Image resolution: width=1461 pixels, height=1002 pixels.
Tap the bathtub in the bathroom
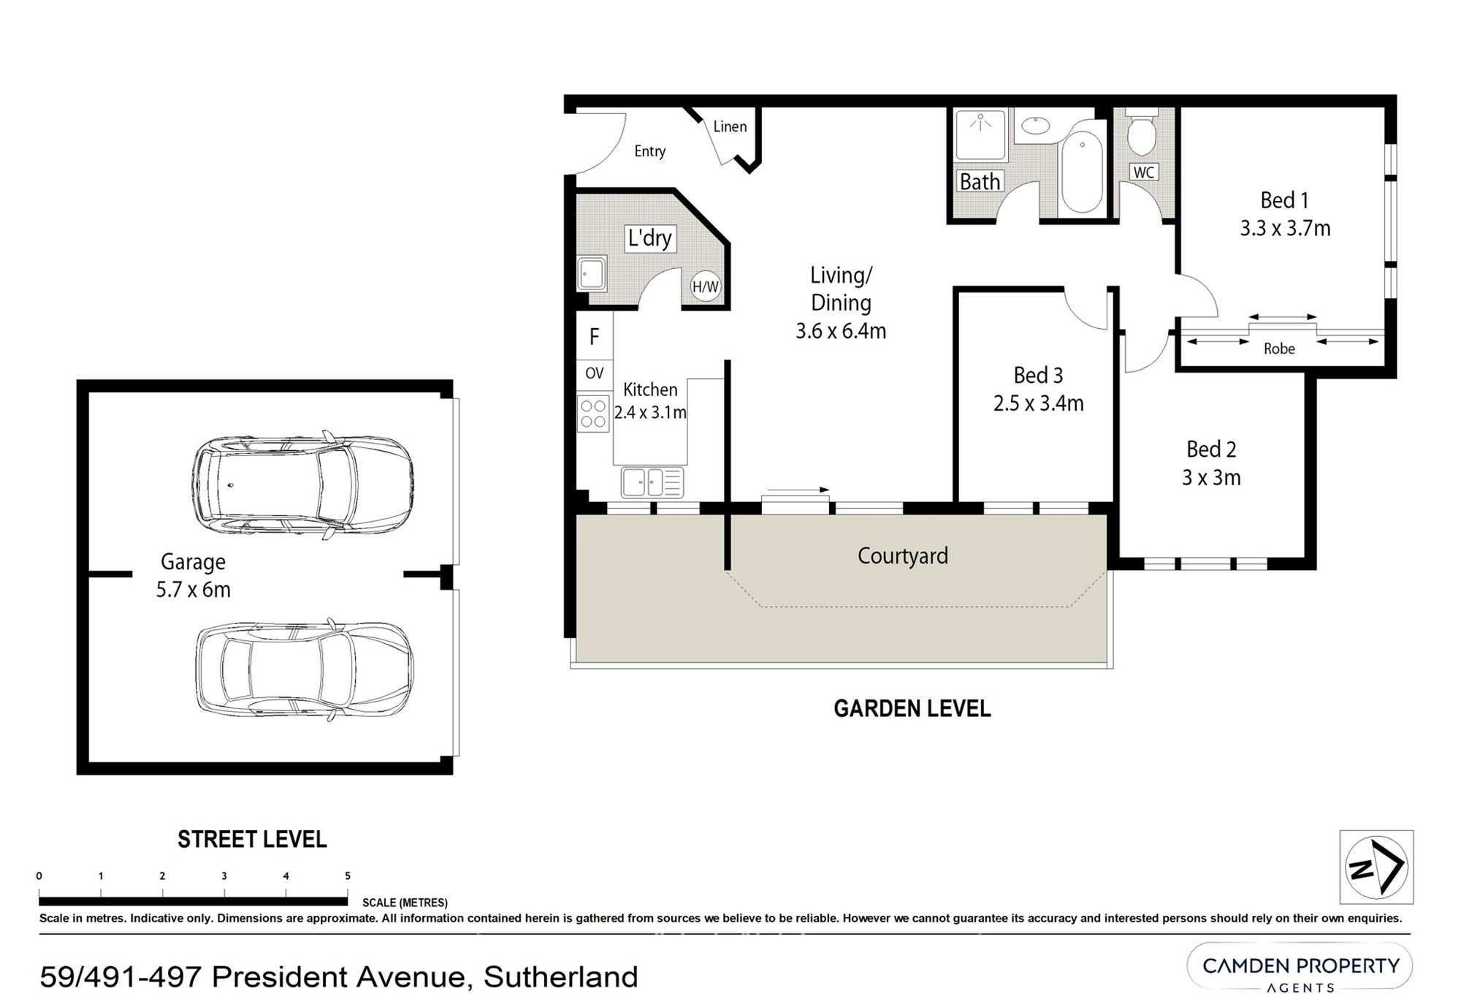click(1082, 172)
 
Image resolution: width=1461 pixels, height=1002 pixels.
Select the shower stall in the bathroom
click(982, 135)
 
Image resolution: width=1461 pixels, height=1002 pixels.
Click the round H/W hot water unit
click(705, 286)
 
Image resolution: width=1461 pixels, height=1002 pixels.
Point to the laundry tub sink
click(591, 273)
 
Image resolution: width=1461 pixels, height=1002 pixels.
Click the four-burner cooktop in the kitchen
click(593, 413)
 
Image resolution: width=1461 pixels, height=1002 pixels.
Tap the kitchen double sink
click(652, 482)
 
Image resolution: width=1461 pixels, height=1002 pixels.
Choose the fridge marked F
click(595, 336)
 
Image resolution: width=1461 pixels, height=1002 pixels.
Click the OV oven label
click(595, 373)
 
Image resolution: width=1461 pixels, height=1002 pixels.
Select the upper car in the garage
click(302, 485)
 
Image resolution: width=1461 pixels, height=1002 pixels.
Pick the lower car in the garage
click(304, 669)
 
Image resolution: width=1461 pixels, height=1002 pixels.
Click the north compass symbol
click(1376, 867)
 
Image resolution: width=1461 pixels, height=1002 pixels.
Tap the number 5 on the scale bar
click(348, 876)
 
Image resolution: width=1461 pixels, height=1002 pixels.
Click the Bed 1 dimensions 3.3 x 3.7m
click(1285, 229)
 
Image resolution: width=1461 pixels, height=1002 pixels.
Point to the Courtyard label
click(903, 556)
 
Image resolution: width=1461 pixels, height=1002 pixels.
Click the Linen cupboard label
click(730, 126)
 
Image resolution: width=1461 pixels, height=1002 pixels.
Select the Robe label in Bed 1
click(1279, 349)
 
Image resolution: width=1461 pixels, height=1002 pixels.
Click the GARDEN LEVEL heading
click(912, 708)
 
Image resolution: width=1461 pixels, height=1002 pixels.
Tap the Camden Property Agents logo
click(1300, 971)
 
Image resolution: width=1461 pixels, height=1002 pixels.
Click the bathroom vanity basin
click(1035, 126)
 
